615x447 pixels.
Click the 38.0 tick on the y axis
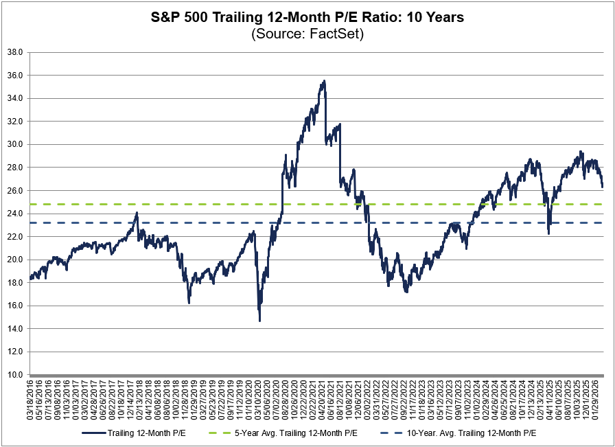pyautogui.click(x=15, y=52)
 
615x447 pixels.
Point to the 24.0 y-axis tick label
pyautogui.click(x=15, y=214)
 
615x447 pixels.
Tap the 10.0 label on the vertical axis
pyautogui.click(x=15, y=375)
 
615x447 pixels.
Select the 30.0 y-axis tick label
pyautogui.click(x=15, y=144)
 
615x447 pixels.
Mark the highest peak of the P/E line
pyautogui.click(x=324, y=81)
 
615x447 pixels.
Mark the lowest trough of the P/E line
pyautogui.click(x=259, y=321)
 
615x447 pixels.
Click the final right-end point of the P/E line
pyautogui.click(x=603, y=187)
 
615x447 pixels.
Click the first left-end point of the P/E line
pyautogui.click(x=30, y=279)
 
